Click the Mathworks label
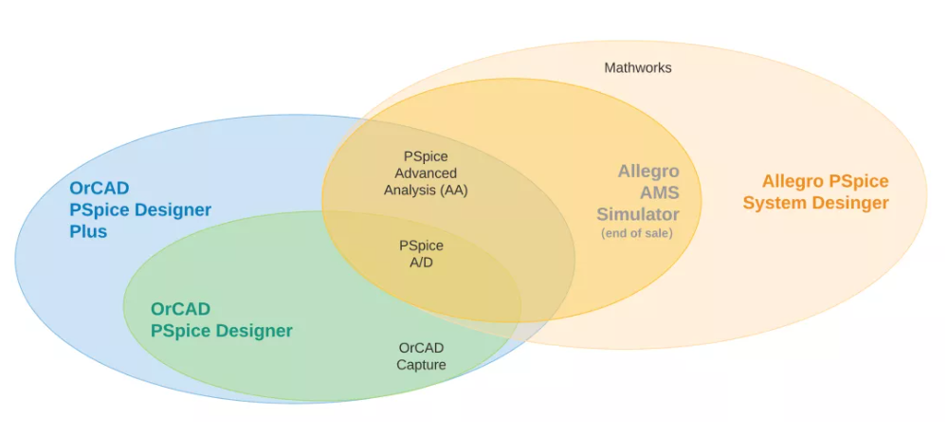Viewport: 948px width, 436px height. [x=638, y=67]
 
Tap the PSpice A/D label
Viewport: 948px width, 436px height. [x=422, y=255]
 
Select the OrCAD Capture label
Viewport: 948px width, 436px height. [x=422, y=356]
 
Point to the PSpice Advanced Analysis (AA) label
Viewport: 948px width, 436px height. [x=426, y=173]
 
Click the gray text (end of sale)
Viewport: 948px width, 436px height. [x=637, y=233]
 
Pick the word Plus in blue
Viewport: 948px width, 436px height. [x=88, y=231]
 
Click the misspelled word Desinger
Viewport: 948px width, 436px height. [x=853, y=203]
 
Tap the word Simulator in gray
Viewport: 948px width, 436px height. [x=638, y=214]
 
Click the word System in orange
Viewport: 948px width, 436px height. [x=777, y=203]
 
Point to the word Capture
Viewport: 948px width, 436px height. [x=422, y=365]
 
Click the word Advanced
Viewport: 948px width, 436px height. [x=426, y=173]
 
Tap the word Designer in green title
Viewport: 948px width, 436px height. [x=254, y=331]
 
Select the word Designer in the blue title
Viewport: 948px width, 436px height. [x=173, y=209]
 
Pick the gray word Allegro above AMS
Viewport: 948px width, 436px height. [x=648, y=172]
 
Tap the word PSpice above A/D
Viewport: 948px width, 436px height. [x=422, y=246]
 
